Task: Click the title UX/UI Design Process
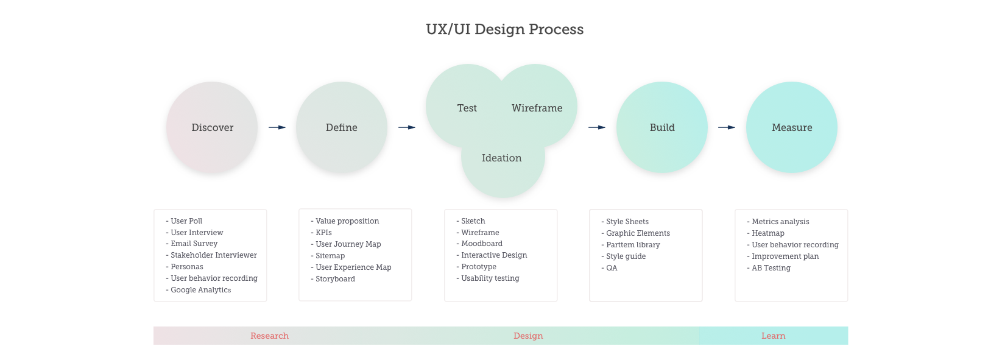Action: click(x=504, y=29)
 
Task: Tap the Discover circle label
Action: click(x=213, y=127)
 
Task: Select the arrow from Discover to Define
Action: click(x=277, y=127)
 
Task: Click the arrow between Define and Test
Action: click(x=407, y=127)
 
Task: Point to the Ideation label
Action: click(x=501, y=158)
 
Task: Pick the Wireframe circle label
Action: click(x=537, y=108)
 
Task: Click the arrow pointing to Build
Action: click(x=597, y=127)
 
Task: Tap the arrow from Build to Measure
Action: click(x=727, y=127)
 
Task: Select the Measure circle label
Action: click(x=792, y=127)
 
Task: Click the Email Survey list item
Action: click(x=191, y=244)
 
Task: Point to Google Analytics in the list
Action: click(x=198, y=290)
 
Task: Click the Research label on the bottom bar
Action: click(x=269, y=336)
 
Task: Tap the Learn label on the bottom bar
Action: click(x=774, y=336)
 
